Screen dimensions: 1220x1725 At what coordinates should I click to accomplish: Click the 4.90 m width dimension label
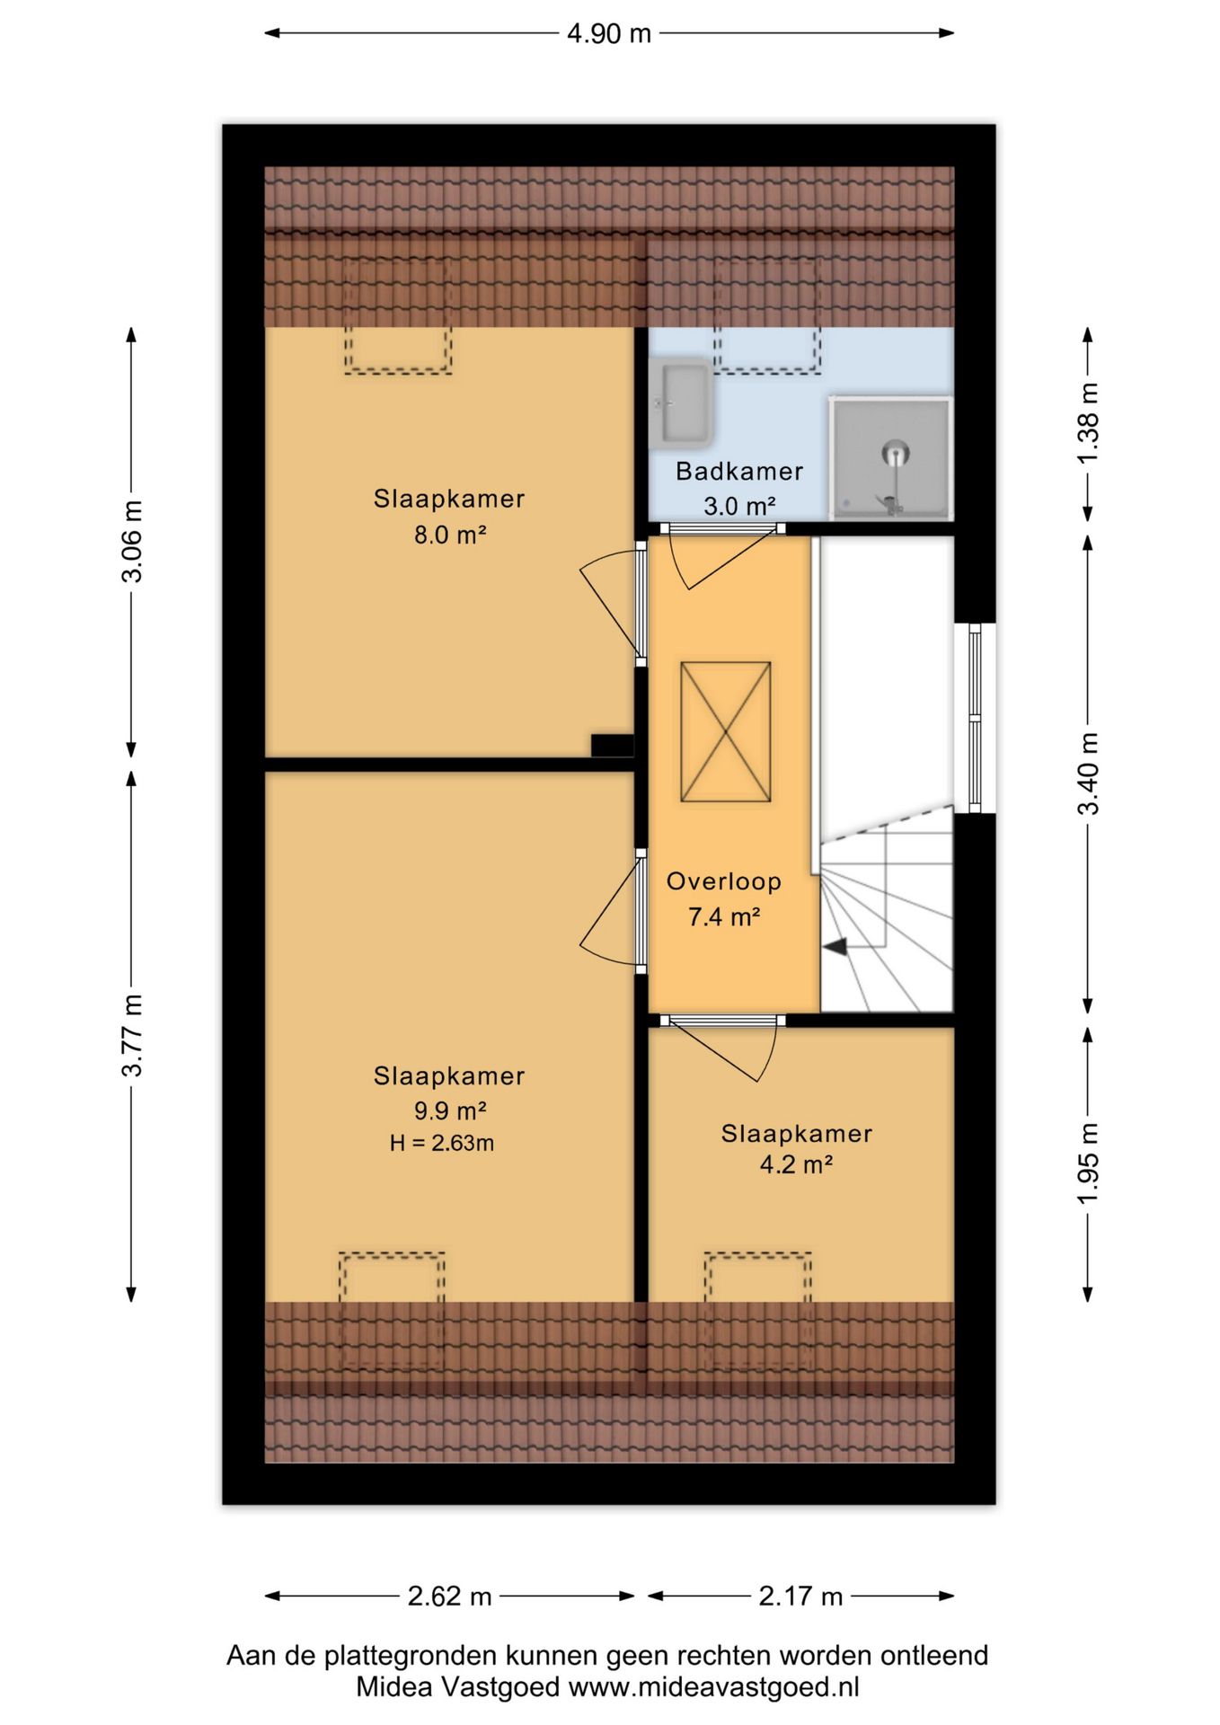(609, 33)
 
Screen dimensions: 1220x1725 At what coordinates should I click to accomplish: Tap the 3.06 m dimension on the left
(132, 541)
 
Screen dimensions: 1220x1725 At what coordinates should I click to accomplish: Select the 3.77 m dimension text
(132, 1035)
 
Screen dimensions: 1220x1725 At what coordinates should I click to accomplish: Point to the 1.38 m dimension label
(1088, 423)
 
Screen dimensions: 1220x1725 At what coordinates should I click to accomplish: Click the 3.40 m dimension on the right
(1088, 774)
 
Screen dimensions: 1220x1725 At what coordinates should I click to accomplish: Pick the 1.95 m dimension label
(1088, 1164)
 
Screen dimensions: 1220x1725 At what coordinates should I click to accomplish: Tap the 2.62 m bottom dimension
(449, 1597)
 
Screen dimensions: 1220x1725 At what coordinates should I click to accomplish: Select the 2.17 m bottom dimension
(800, 1597)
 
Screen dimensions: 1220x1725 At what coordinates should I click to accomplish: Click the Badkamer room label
(739, 471)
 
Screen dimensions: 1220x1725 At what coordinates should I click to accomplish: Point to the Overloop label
(724, 881)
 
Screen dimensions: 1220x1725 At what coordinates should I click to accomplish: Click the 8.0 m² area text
(449, 535)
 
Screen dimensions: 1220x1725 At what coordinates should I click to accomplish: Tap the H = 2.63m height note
(442, 1143)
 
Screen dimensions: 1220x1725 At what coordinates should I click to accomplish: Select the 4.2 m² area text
(796, 1165)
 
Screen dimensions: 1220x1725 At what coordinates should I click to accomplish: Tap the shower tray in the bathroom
(890, 458)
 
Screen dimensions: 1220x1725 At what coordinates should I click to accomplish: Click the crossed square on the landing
(726, 731)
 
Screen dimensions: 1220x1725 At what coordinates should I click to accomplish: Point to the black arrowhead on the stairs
(835, 946)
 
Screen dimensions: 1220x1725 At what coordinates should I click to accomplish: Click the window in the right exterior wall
(975, 718)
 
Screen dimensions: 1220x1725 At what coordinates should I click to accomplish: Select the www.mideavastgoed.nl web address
(713, 1687)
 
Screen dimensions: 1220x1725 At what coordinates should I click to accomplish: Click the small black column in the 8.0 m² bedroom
(613, 746)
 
